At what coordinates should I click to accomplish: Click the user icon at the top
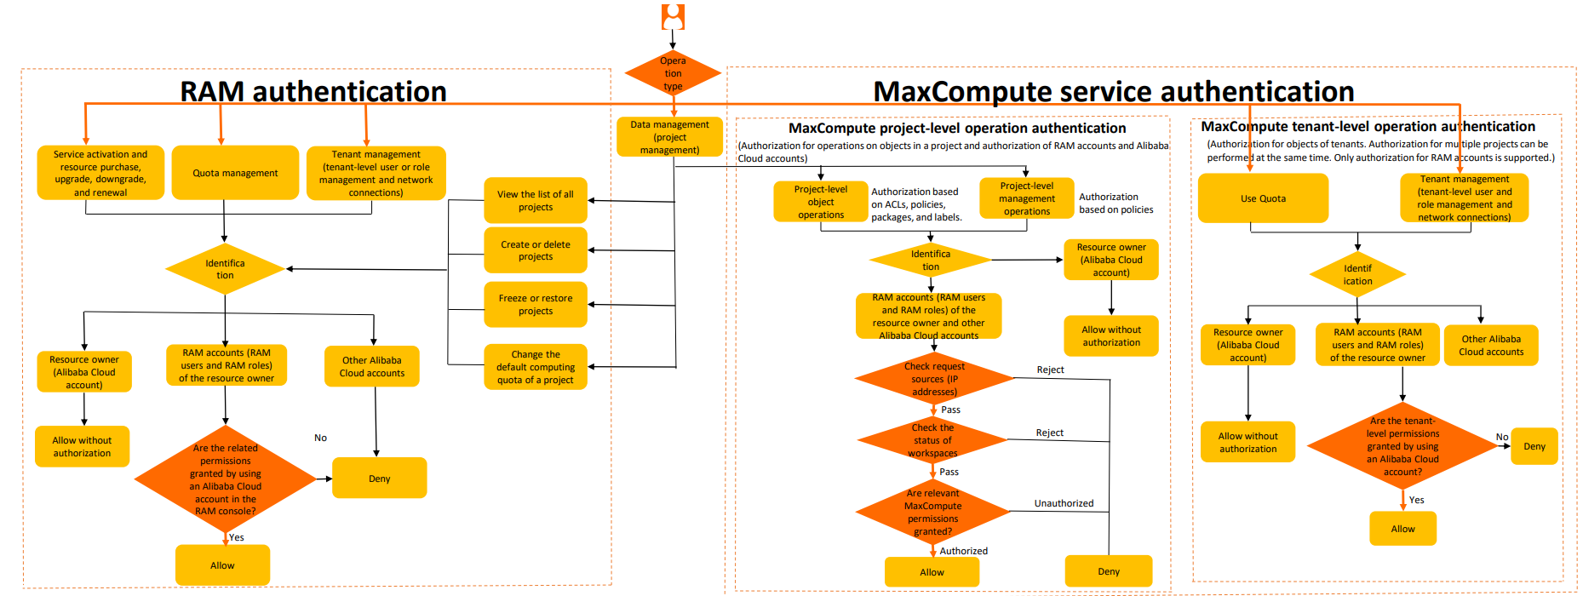(673, 17)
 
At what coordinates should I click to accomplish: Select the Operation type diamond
(673, 73)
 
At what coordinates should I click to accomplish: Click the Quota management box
(235, 173)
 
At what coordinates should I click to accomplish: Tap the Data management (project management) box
(669, 137)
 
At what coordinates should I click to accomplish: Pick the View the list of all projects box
(536, 201)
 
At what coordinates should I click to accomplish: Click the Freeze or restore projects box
(536, 305)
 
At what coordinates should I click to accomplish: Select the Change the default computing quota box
(536, 367)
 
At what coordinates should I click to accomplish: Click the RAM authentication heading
(313, 91)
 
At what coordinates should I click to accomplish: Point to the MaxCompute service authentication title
(1113, 91)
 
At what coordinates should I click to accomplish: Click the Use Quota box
(1263, 198)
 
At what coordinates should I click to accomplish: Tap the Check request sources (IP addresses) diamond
(934, 379)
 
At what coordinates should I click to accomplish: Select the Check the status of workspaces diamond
(933, 440)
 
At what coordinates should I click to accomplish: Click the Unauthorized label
(1064, 503)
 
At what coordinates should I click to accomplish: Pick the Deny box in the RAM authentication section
(379, 479)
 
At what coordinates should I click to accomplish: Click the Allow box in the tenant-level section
(1402, 529)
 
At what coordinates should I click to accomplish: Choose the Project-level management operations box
(1026, 198)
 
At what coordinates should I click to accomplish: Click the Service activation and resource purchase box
(100, 173)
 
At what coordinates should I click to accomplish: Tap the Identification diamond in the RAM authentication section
(225, 269)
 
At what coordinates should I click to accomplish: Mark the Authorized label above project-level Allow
(963, 551)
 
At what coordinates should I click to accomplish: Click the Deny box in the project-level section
(1108, 571)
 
